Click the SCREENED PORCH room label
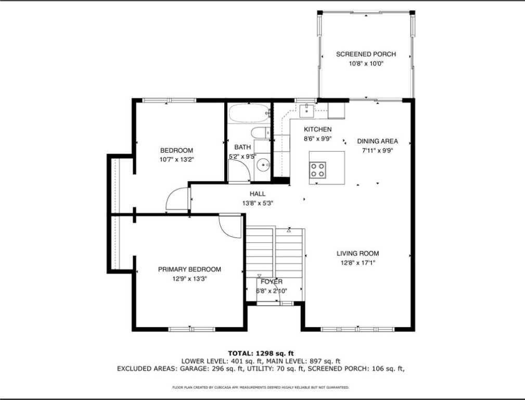[x=366, y=54]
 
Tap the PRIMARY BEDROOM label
[x=189, y=269]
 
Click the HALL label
[x=258, y=194]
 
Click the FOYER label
[x=272, y=282]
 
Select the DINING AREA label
[x=377, y=141]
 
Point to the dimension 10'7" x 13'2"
[x=176, y=159]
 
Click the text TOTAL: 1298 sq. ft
[x=262, y=353]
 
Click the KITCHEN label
[x=317, y=130]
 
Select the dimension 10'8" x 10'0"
[x=366, y=64]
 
